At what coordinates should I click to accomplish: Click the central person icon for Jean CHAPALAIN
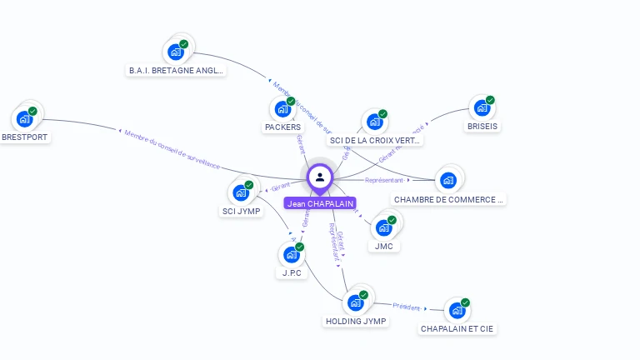(x=320, y=177)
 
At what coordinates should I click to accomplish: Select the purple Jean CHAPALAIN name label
(x=320, y=203)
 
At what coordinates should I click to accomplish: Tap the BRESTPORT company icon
(x=24, y=118)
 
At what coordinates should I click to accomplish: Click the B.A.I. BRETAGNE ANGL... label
(x=176, y=71)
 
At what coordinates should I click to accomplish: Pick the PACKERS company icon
(x=282, y=108)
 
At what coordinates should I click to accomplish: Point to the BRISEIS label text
(x=482, y=127)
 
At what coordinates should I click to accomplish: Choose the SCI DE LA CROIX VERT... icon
(x=374, y=122)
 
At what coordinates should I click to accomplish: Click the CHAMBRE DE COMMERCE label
(x=449, y=200)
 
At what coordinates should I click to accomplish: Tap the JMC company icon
(x=383, y=227)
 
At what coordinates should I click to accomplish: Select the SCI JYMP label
(x=241, y=212)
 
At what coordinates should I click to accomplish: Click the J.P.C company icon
(x=291, y=254)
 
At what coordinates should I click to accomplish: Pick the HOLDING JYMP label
(x=356, y=322)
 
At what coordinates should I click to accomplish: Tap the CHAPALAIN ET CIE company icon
(x=457, y=310)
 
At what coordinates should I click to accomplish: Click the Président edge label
(x=407, y=307)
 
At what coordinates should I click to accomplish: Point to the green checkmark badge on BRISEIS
(x=490, y=100)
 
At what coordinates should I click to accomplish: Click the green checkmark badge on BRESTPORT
(x=32, y=111)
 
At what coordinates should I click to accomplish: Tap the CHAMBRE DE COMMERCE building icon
(x=448, y=180)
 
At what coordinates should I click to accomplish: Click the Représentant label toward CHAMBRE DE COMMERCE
(x=384, y=180)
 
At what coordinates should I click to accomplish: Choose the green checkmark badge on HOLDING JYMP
(x=363, y=295)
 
